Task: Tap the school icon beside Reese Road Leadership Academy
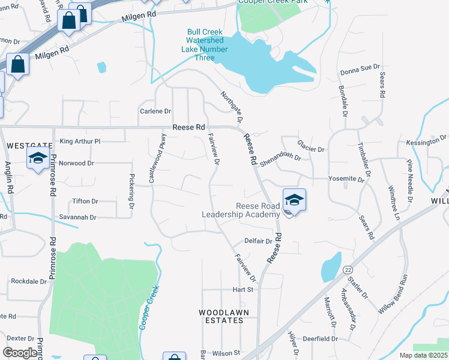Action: coord(294,200)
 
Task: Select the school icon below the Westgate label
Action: coord(38,159)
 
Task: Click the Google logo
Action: coord(20,353)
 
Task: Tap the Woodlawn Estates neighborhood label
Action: coord(221,316)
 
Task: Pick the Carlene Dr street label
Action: coord(155,112)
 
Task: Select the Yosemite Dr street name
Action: coord(346,179)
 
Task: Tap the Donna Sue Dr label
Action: coord(360,70)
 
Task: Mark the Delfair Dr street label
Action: coord(258,241)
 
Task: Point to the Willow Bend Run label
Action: coord(394,295)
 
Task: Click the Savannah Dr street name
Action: coord(77,217)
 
